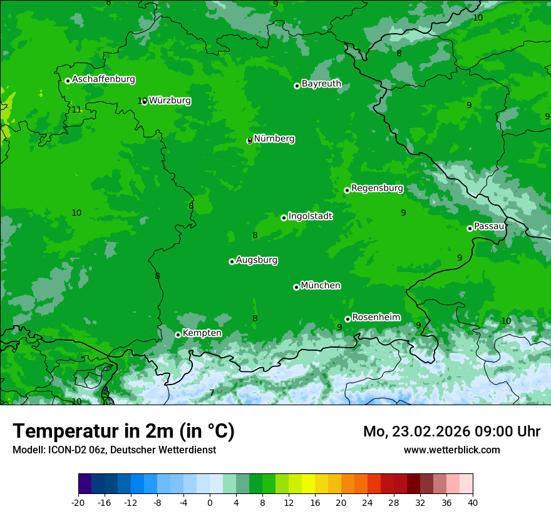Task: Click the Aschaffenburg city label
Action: [103, 79]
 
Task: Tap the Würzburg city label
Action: [170, 101]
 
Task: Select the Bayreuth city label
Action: [321, 84]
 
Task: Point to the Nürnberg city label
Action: [274, 139]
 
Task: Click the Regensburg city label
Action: [377, 188]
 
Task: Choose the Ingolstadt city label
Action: [310, 216]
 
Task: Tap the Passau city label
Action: [489, 226]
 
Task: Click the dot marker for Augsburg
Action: [232, 261]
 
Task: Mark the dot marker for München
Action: [296, 287]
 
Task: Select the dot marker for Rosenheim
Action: [348, 319]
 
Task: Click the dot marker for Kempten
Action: [178, 335]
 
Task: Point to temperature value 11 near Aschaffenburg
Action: [76, 110]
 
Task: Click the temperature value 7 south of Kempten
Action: [212, 393]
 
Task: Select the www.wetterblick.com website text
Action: [451, 450]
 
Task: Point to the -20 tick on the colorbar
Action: [78, 502]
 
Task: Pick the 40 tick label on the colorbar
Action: [473, 502]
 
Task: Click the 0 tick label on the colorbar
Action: [210, 502]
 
